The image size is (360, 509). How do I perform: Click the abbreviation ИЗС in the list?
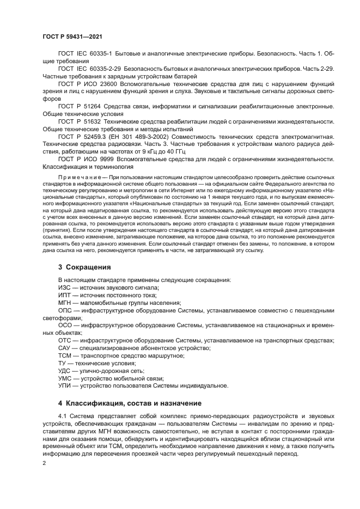click(65, 287)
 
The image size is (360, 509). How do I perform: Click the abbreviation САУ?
click(65, 348)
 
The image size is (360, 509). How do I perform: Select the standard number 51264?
click(95, 106)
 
